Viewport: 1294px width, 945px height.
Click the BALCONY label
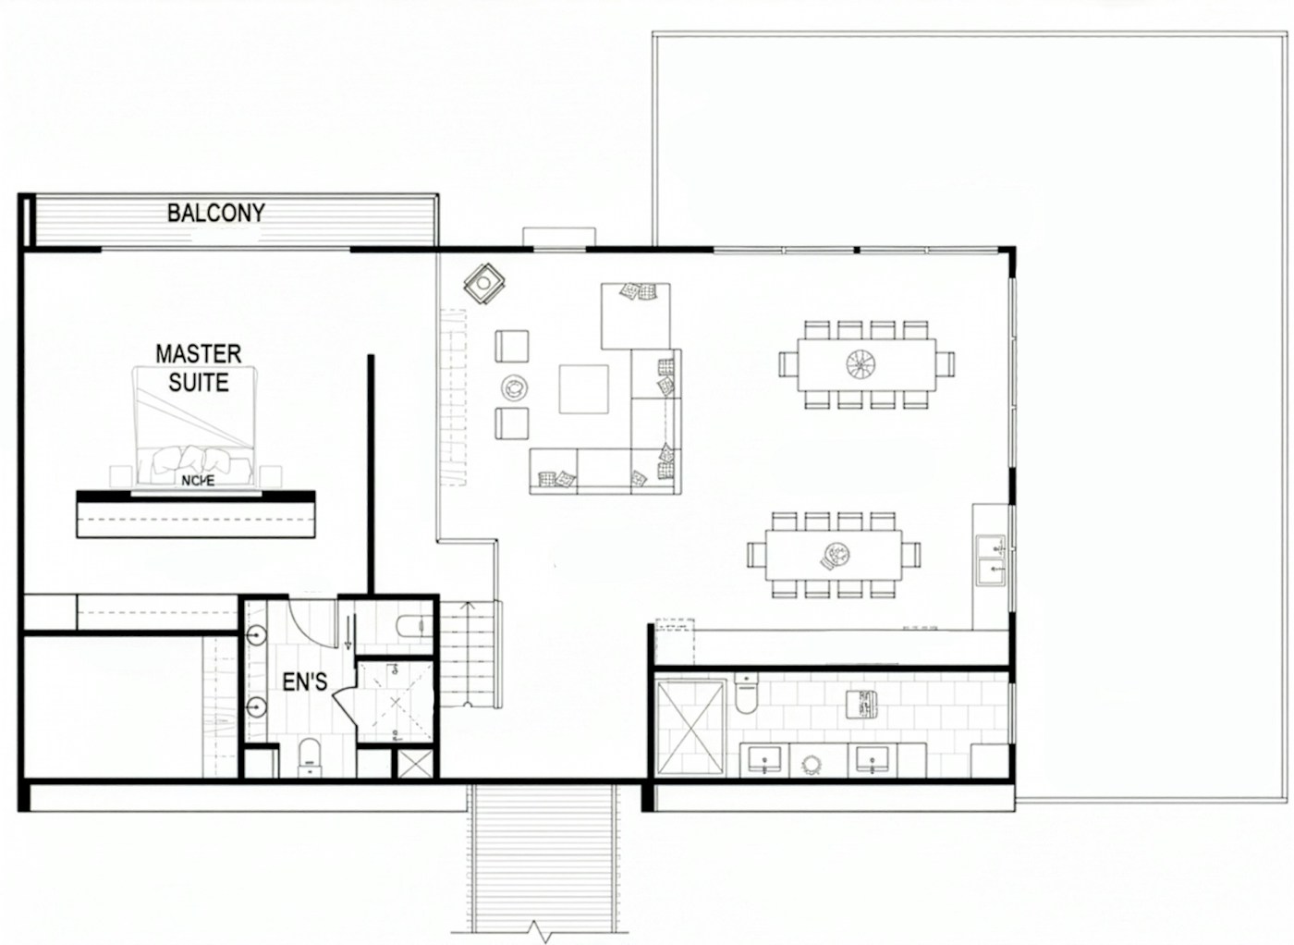coord(215,213)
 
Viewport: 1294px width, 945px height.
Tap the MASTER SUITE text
coord(198,368)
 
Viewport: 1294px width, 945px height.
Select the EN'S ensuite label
coord(304,682)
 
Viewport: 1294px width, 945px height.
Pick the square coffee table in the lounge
coord(583,389)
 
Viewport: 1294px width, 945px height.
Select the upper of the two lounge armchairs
coord(511,347)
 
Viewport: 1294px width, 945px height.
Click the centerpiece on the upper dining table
coord(864,364)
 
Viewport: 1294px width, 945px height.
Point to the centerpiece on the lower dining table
coord(836,555)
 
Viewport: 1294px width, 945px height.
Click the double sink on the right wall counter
coord(992,559)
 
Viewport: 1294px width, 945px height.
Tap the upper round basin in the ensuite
coord(257,635)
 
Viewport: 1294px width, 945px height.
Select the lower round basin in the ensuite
coord(257,708)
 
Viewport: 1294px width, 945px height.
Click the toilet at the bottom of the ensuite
coord(310,755)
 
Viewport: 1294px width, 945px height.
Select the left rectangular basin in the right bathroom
coord(763,759)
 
